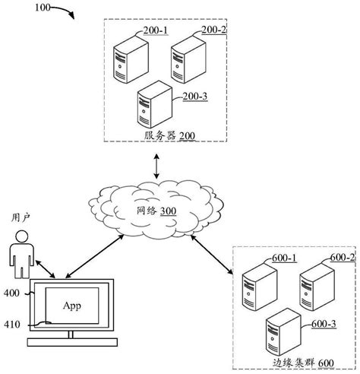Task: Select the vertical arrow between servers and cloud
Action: click(155, 166)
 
